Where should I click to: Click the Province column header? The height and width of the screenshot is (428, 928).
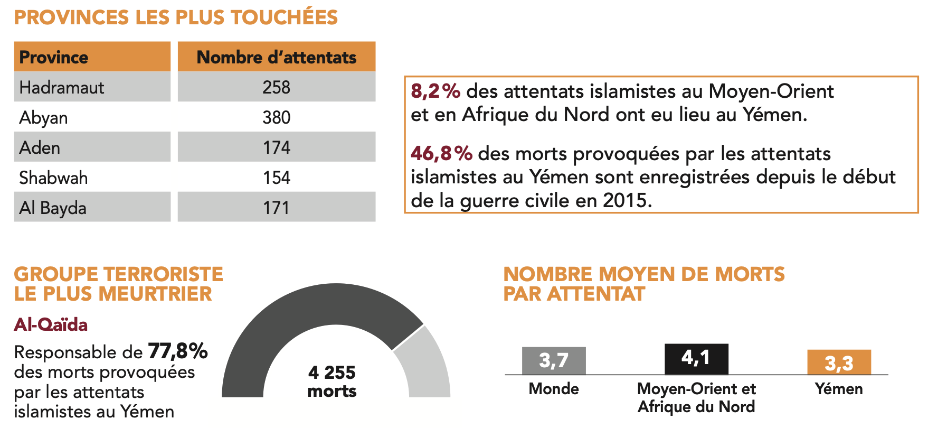click(x=54, y=57)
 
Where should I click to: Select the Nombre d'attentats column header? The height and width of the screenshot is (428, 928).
click(x=276, y=57)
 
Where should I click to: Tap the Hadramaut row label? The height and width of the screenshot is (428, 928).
click(x=62, y=87)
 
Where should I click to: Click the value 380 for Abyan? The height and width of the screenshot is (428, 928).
click(x=276, y=117)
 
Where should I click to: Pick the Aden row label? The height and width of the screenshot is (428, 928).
click(x=40, y=147)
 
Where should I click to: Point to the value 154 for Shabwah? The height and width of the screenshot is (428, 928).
click(x=276, y=178)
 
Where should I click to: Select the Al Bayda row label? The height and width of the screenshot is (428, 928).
click(x=53, y=208)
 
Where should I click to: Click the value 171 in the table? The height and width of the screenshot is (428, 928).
click(x=276, y=208)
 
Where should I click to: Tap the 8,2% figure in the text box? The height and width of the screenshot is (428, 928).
click(x=435, y=91)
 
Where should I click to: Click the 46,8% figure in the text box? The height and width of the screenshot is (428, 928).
click(x=441, y=154)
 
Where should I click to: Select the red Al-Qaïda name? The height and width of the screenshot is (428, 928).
click(x=51, y=324)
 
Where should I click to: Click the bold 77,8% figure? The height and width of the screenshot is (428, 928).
click(x=178, y=351)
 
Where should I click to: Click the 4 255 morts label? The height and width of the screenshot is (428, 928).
click(x=332, y=382)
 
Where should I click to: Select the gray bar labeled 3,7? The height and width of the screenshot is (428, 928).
click(x=554, y=361)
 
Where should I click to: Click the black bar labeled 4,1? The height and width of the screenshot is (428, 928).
click(x=696, y=359)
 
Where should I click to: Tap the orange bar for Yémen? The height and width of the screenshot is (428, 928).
click(x=839, y=362)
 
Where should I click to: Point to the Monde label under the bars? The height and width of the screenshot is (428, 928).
click(x=554, y=389)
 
